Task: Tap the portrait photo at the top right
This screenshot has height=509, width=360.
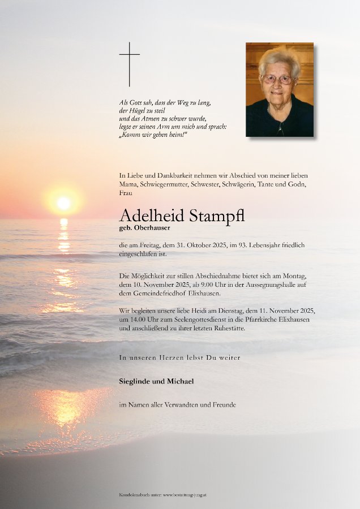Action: tap(280, 89)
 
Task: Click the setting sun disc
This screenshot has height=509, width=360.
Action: tap(64, 202)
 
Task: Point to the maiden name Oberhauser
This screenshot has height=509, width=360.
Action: tap(153, 227)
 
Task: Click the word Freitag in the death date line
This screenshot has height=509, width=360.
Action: tap(151, 244)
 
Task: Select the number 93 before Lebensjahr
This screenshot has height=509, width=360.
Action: tap(253, 244)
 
